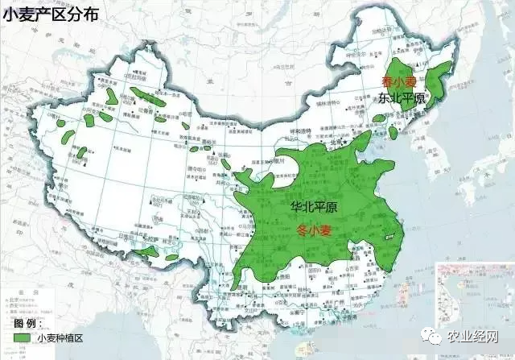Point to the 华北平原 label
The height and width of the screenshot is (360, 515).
click(314, 208)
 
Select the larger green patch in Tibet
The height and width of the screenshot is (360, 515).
click(146, 252)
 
